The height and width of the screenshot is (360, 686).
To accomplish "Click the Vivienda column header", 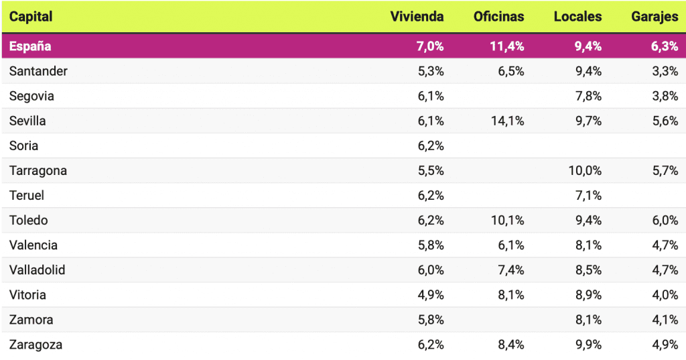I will coord(417,17).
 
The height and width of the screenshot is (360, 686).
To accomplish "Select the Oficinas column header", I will coord(498,17).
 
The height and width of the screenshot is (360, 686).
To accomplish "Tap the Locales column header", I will coord(577,17).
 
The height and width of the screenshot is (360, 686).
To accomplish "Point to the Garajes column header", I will coord(655,17).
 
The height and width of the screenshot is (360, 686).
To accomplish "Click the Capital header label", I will coord(31,17).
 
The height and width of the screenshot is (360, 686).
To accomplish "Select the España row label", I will coord(30,46).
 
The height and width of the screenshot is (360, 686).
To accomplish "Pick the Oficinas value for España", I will coord(508,46).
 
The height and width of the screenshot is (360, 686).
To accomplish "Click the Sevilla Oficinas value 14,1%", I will coord(508,121).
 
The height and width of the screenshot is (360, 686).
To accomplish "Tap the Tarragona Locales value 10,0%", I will coord(585,170).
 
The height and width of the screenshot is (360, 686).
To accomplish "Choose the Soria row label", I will coord(24,145).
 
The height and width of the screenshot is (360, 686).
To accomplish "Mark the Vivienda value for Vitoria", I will coord(431,295).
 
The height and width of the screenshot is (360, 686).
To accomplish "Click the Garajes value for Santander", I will coord(665,71).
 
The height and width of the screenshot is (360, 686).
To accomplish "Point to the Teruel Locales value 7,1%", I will coord(588,196).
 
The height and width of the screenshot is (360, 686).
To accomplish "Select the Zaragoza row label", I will coord(36,345).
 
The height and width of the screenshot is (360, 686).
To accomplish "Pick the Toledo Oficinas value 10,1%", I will coord(508,221).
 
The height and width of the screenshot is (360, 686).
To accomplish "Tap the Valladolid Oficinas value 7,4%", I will coord(511,270).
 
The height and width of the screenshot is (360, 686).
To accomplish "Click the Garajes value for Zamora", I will coord(665,320).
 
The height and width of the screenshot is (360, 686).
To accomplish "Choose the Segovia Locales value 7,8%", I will coord(588,96).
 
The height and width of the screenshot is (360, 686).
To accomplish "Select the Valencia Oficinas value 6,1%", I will coord(511,245).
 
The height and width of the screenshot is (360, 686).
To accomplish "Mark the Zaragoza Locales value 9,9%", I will coord(588,345).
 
